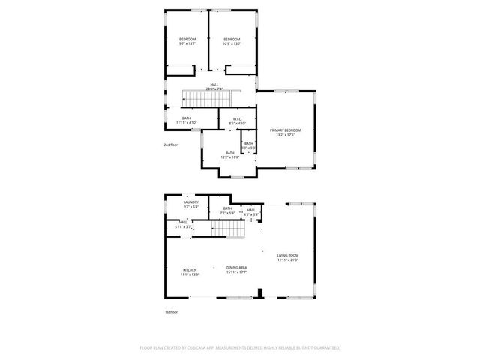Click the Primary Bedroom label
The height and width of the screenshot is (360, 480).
click(x=286, y=130)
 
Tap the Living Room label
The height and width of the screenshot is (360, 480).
click(x=288, y=256)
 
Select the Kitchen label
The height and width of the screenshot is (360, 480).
click(x=190, y=270)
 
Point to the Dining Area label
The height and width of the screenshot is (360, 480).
click(x=238, y=268)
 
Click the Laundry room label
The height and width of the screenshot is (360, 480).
click(x=191, y=202)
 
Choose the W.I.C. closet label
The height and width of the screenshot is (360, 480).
click(x=237, y=118)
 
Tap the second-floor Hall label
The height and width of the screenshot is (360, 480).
click(x=214, y=85)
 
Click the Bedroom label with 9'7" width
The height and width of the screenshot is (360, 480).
click(x=187, y=39)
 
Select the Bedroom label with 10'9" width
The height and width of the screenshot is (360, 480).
click(x=232, y=39)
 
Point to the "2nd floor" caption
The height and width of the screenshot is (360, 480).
click(x=172, y=145)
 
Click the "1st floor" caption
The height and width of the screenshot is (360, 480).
click(x=172, y=311)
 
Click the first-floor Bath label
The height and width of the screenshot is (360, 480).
click(x=227, y=209)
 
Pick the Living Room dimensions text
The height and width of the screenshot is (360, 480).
click(x=288, y=260)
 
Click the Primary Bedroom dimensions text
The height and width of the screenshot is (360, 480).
click(x=286, y=135)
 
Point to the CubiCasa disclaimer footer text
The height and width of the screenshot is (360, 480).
click(x=240, y=348)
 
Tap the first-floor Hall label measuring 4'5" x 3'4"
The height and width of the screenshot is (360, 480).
click(x=251, y=210)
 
